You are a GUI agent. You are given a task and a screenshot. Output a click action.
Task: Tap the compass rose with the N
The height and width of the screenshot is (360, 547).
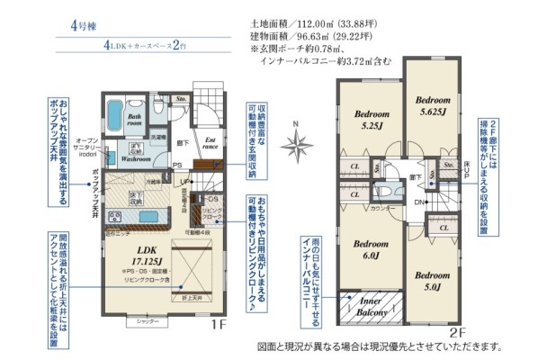click(298, 142)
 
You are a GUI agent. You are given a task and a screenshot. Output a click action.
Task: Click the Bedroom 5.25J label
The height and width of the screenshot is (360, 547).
click(372, 120)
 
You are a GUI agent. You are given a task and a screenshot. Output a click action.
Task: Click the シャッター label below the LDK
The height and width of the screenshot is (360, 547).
click(136, 320)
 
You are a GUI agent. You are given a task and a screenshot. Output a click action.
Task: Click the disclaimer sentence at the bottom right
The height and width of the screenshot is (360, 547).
click(379, 346)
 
